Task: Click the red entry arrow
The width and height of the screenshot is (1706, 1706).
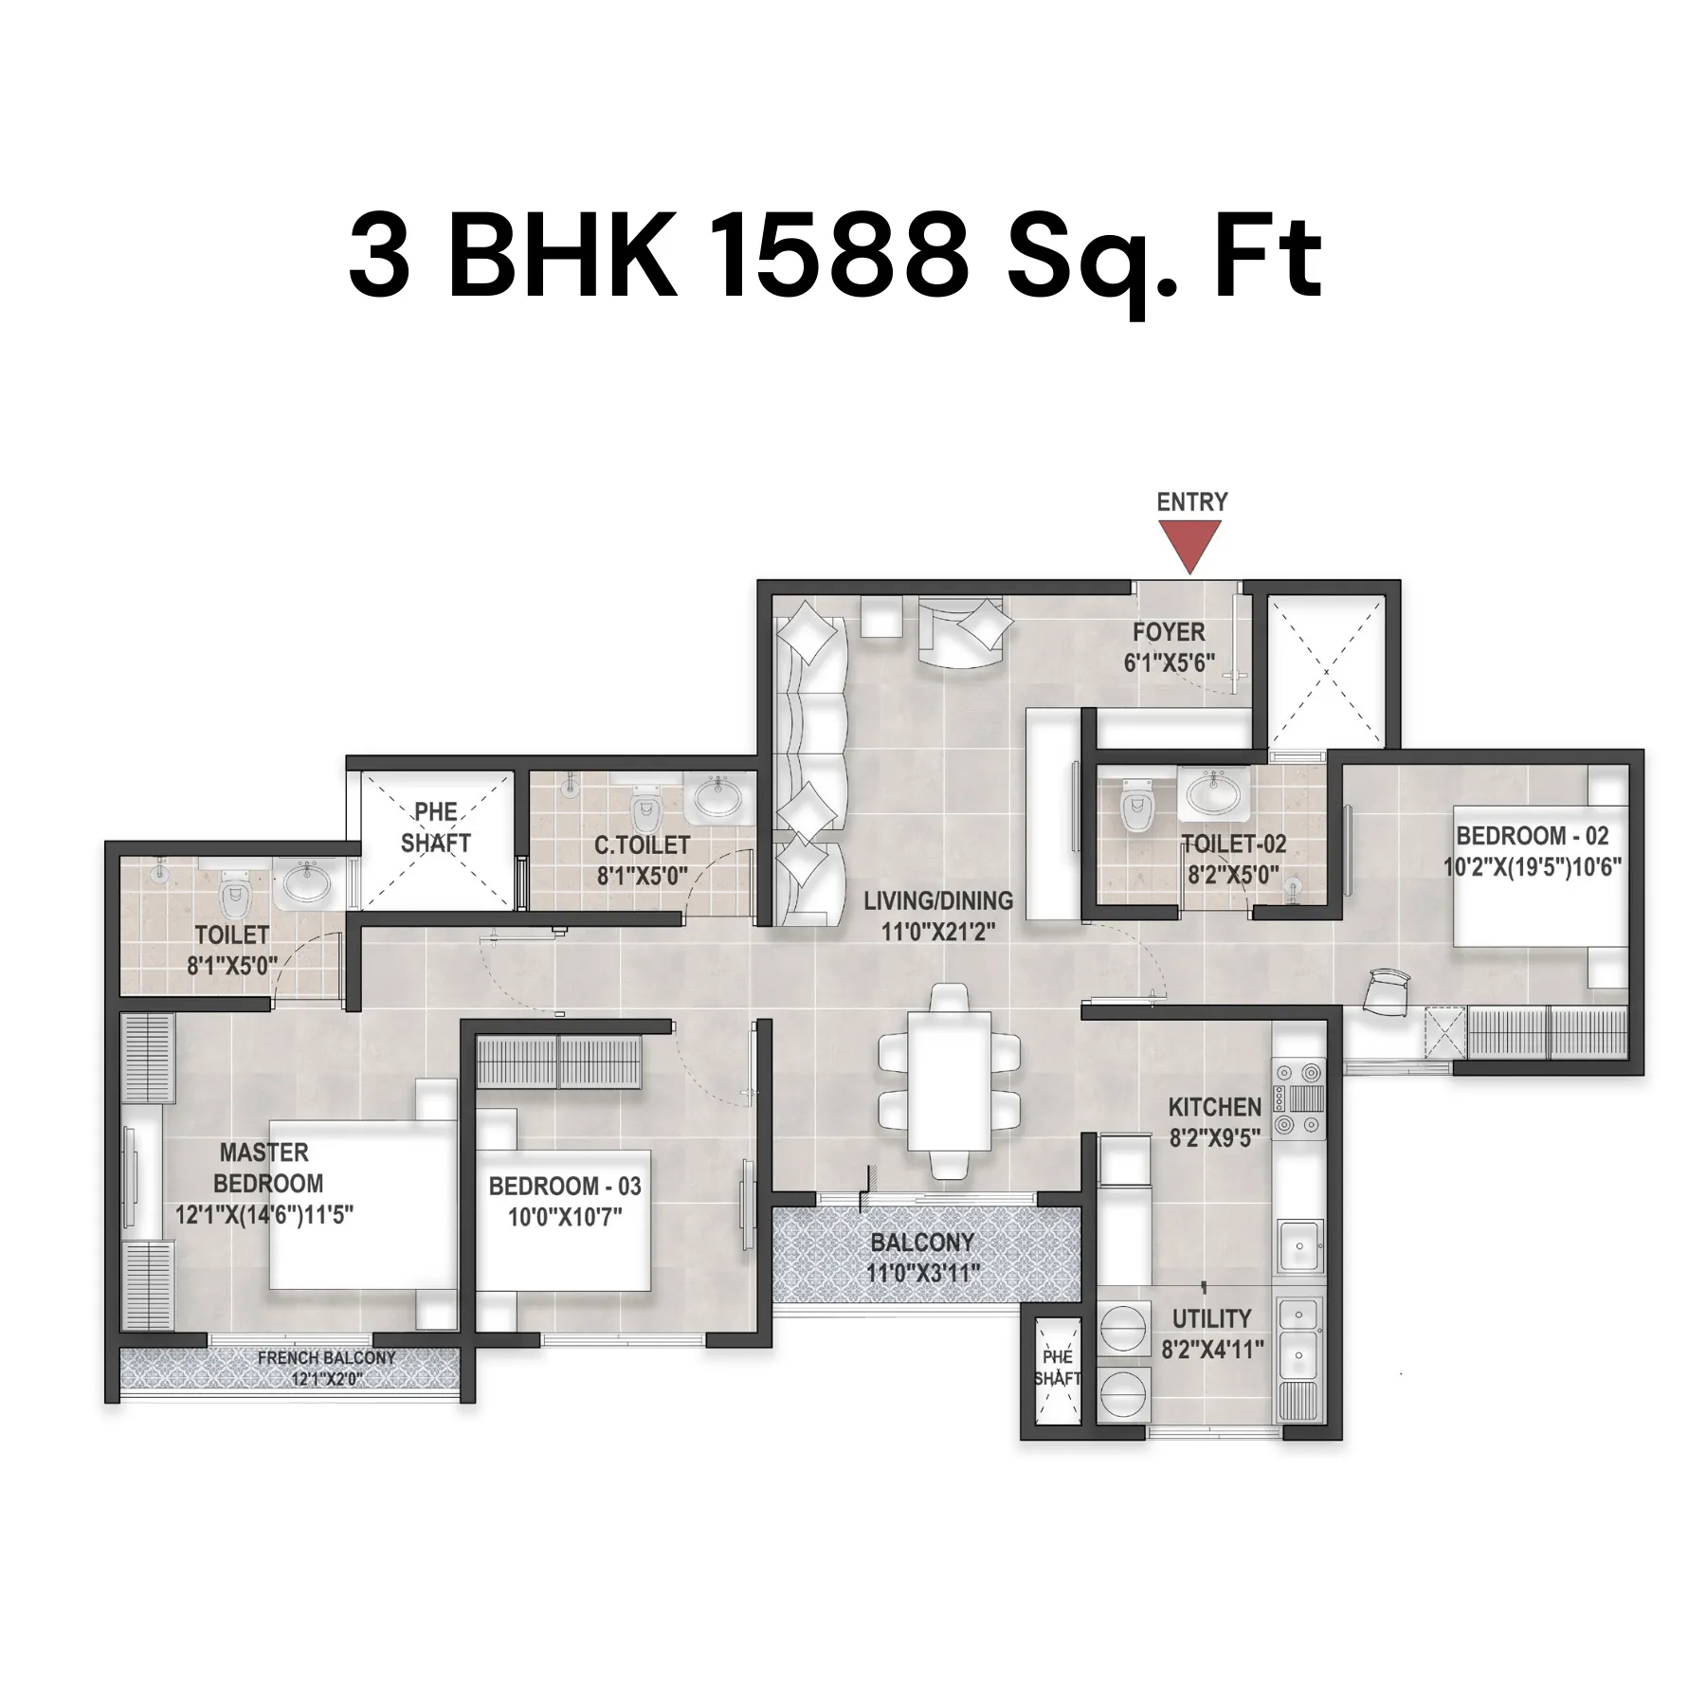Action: point(1190,548)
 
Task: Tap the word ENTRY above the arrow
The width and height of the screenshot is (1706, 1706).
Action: point(1192,501)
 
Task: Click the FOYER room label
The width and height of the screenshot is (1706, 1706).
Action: point(1169,632)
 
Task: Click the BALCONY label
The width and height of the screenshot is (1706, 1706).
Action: point(922,1243)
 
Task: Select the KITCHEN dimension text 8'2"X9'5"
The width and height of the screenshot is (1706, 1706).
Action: point(1214,1138)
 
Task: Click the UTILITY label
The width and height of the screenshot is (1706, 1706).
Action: point(1211,1318)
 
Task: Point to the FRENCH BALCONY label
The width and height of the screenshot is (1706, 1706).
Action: point(327,1358)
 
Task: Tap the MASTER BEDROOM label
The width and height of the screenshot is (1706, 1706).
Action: point(267,1168)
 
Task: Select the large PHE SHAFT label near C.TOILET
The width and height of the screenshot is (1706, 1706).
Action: point(436,827)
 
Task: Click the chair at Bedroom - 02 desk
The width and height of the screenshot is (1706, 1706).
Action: point(1387,992)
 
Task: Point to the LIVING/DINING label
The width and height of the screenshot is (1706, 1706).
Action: point(938,900)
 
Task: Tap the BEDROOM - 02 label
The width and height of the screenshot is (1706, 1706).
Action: point(1533,836)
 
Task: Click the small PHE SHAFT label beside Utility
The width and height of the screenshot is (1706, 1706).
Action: point(1057,1368)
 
